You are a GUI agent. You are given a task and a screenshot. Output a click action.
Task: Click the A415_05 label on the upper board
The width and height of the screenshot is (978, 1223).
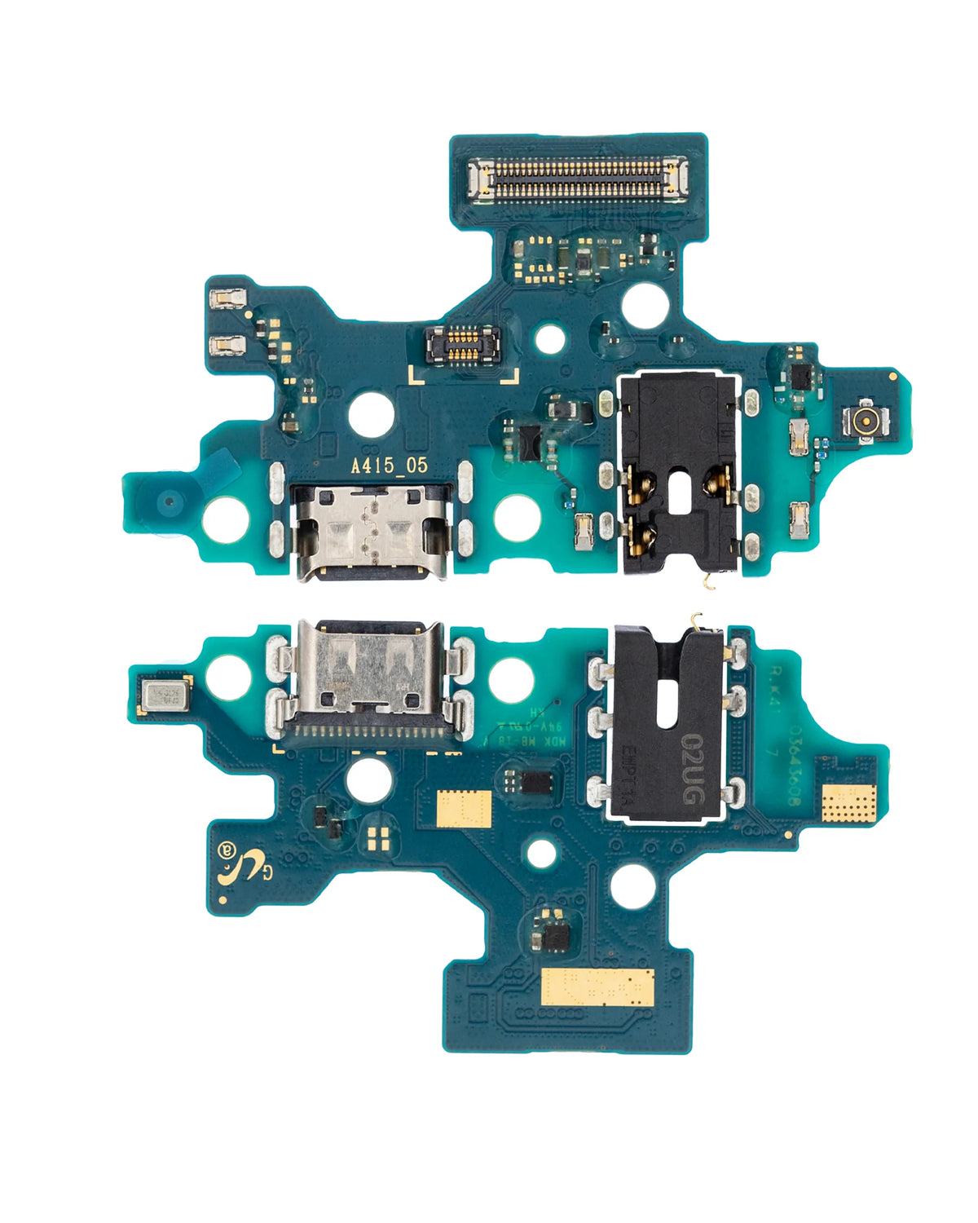coord(389,466)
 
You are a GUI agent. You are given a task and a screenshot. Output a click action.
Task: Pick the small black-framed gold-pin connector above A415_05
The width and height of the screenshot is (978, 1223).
coord(462,344)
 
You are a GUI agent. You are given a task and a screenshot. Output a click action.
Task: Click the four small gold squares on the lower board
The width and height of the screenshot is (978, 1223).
coord(377,838)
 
